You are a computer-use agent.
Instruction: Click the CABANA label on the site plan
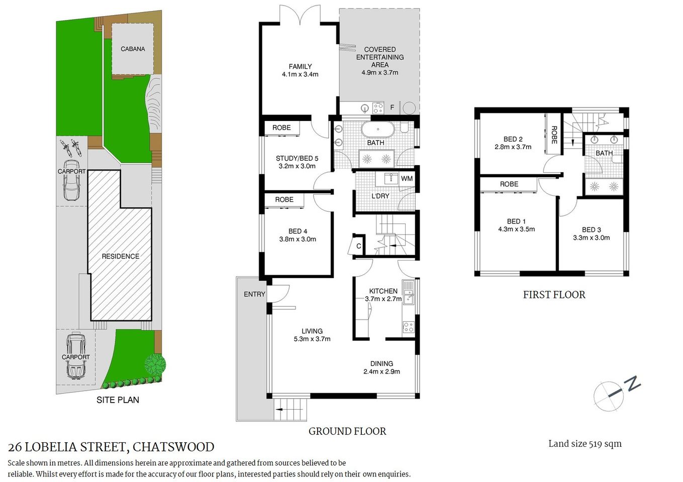point(133,49)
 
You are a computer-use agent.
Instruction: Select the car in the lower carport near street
point(75,356)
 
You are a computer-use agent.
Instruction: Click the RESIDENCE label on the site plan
point(120,256)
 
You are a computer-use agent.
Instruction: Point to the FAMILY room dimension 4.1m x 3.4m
point(300,74)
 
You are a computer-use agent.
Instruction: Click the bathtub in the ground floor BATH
point(378,130)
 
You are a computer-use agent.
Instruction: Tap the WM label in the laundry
point(407,179)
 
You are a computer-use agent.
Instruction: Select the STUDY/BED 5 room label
point(297,158)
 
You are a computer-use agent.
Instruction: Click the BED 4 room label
point(298,231)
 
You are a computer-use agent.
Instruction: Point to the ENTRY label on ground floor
point(254,294)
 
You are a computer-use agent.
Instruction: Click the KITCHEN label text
point(383,291)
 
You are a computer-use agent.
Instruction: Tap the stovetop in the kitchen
point(408,327)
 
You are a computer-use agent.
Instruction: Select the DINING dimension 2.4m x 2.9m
point(381,372)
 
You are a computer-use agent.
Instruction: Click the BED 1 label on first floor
point(516,221)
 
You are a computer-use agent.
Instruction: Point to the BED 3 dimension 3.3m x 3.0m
point(591,237)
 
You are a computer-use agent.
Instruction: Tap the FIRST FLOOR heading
point(554,295)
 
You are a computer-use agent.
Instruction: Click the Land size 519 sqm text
point(584,444)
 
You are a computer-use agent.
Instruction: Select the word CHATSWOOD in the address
point(173,447)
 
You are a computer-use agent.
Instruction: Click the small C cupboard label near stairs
point(358,246)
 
